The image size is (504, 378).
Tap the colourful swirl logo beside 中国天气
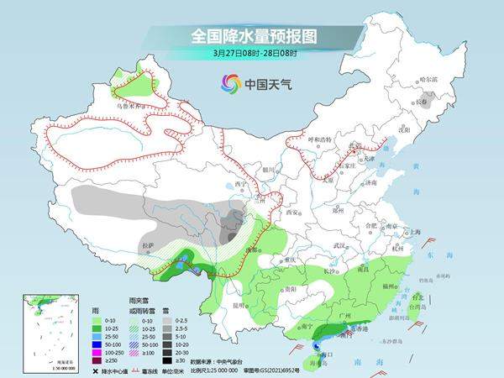230,82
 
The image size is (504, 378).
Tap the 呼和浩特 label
322,139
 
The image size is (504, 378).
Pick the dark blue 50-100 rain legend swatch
98,343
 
